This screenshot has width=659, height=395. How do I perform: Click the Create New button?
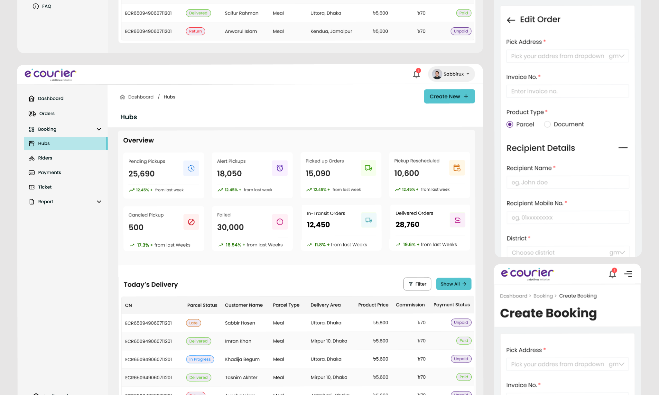[x=449, y=96]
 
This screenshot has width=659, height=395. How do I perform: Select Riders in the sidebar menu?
[x=45, y=158]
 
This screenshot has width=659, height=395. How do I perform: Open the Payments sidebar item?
[x=49, y=172]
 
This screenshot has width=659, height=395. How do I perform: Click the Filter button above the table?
[x=417, y=284]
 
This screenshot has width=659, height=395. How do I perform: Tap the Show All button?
[x=453, y=284]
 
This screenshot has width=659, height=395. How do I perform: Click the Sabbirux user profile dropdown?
[x=451, y=74]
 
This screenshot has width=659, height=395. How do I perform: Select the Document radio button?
[x=547, y=124]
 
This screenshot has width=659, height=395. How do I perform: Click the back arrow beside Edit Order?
[x=511, y=20]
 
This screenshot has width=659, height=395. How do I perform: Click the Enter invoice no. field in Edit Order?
[x=567, y=91]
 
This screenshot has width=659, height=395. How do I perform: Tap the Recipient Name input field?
[x=567, y=182]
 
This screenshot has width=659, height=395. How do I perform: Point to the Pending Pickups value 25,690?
[x=141, y=174]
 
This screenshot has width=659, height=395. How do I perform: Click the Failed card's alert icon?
[x=280, y=222]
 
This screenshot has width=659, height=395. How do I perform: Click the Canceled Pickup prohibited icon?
[x=191, y=222]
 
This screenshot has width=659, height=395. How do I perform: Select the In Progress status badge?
[x=200, y=359]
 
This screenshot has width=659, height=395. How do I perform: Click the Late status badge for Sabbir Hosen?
[x=193, y=323]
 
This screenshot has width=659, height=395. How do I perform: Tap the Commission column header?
[x=410, y=305]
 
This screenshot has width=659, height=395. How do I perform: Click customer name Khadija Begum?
[x=242, y=359]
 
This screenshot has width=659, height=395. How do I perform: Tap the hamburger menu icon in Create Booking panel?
[x=628, y=274]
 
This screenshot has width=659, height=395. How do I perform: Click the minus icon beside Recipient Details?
[x=623, y=148]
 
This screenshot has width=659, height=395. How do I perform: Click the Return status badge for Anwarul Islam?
[x=195, y=31]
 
